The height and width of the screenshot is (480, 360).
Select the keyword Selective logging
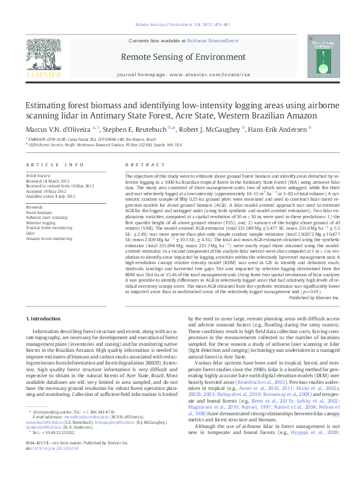[40, 206]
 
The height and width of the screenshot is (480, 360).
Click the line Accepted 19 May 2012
[45, 187]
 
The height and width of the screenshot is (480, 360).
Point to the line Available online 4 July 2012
[50, 192]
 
